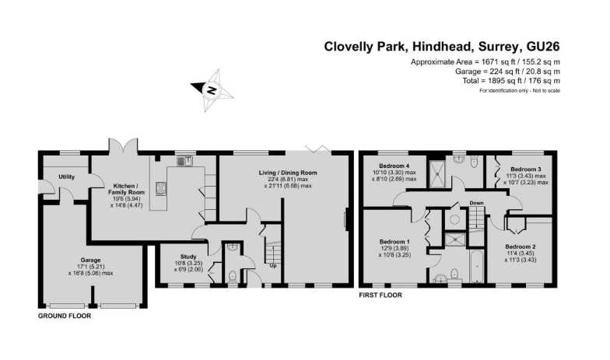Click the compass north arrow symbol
[x=212, y=89]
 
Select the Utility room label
[x=67, y=177]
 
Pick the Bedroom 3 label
[x=525, y=169]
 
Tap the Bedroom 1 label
[x=394, y=242]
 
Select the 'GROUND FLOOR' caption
[x=65, y=316]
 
